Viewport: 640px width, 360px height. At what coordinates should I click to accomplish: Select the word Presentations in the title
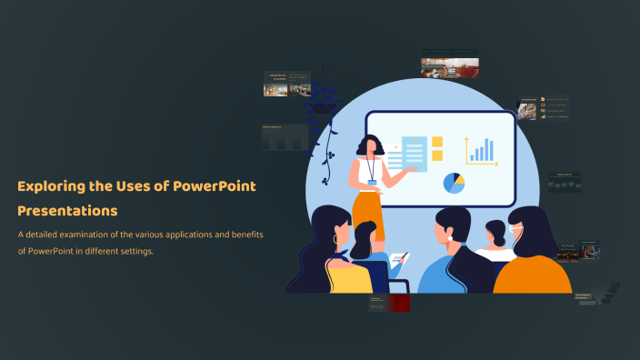point(67,211)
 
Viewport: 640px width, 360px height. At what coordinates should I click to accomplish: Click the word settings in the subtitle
point(134,251)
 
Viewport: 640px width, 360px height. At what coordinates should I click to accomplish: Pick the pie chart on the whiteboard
point(454,183)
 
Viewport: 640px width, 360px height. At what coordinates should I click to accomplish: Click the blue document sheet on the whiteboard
point(414,153)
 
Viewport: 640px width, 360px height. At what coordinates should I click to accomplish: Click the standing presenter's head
point(369,145)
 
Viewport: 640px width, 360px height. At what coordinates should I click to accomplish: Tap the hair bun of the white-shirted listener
point(495,228)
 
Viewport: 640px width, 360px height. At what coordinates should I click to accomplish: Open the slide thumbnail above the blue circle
point(449,66)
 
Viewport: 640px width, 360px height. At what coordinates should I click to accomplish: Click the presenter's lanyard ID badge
point(372,183)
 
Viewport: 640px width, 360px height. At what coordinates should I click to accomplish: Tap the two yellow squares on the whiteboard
point(437,149)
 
